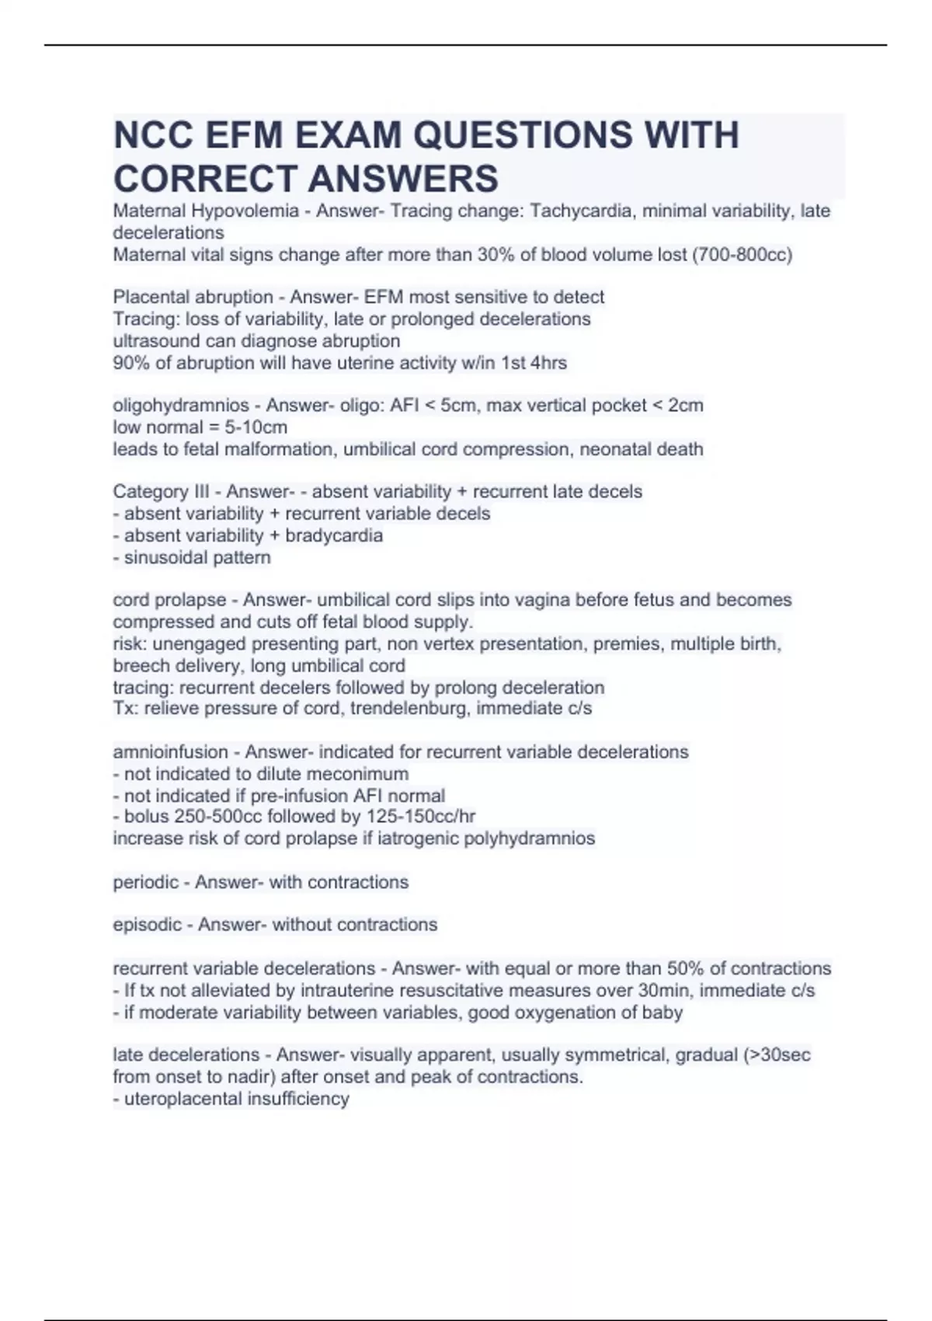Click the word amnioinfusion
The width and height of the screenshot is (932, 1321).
(170, 752)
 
